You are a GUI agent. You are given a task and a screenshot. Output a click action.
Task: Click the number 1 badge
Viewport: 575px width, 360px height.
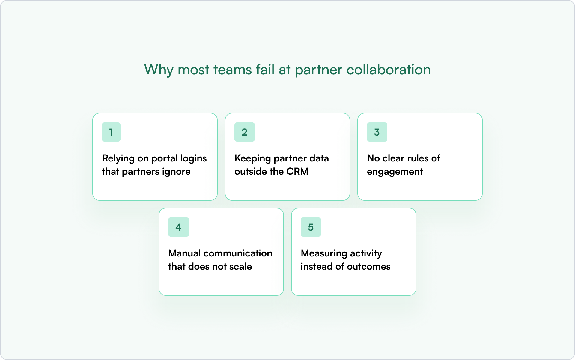click(111, 132)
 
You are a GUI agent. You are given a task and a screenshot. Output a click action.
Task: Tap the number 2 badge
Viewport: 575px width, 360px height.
click(244, 132)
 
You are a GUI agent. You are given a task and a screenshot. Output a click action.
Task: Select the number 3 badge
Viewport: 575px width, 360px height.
click(377, 132)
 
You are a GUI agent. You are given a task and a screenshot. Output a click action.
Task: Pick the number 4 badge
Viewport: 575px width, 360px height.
click(178, 227)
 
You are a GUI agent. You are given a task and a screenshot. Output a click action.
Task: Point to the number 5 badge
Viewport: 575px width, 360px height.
click(311, 227)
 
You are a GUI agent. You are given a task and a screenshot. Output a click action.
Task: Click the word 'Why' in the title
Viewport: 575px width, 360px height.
click(159, 70)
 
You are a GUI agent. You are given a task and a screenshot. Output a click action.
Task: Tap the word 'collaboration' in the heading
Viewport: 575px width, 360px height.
click(389, 70)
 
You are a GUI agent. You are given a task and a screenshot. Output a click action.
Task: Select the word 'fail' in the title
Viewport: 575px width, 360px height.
click(265, 70)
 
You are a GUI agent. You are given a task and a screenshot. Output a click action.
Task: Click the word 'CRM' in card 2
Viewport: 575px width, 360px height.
click(297, 171)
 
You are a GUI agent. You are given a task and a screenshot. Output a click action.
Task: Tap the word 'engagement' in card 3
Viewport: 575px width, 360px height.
click(395, 172)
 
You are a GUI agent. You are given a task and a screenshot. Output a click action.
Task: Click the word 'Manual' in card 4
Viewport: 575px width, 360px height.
click(184, 253)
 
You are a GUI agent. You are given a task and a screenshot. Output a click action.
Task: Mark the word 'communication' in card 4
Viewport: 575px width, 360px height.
click(238, 253)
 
